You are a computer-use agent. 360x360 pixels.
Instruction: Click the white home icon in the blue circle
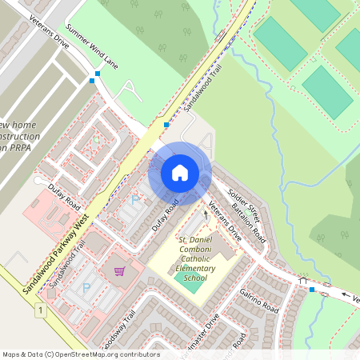(x=180, y=171)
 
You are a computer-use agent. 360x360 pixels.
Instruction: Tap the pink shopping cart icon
(x=119, y=272)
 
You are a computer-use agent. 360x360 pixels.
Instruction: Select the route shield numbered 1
(x=39, y=309)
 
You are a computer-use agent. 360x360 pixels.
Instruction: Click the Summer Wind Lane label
(x=91, y=48)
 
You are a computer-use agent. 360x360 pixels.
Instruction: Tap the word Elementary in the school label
(x=196, y=268)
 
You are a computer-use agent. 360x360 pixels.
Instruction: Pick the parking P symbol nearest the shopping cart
(x=86, y=287)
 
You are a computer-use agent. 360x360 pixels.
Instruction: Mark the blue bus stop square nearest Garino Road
(x=311, y=290)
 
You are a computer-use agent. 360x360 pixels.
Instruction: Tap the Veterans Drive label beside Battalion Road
(x=225, y=223)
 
